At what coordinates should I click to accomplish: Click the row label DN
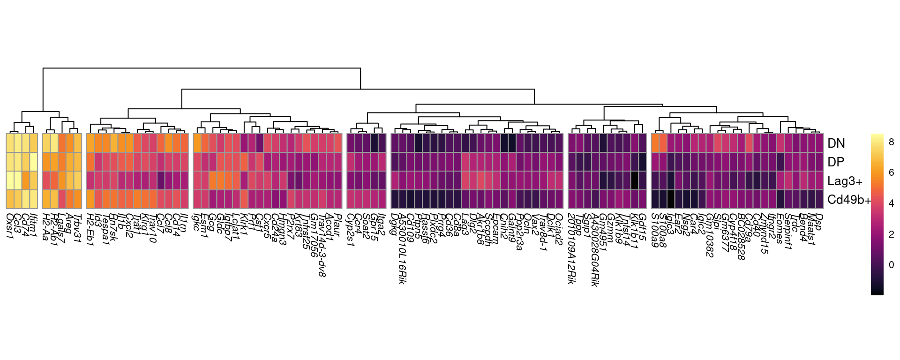tap(836, 143)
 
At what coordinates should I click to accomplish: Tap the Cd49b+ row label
tap(849, 200)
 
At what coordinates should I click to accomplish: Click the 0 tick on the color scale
tap(891, 265)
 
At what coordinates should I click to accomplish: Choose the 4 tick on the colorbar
tap(891, 203)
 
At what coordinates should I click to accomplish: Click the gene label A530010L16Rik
tap(402, 248)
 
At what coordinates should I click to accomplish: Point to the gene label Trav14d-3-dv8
tap(321, 246)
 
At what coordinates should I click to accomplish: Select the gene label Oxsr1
tap(9, 225)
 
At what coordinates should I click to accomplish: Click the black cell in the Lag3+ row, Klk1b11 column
tap(635, 180)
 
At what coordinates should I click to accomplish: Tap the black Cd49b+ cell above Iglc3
tap(671, 199)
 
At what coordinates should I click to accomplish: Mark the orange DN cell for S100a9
tap(655, 143)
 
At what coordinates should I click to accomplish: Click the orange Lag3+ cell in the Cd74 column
tap(26, 180)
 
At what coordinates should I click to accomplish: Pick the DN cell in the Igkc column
tap(197, 143)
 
